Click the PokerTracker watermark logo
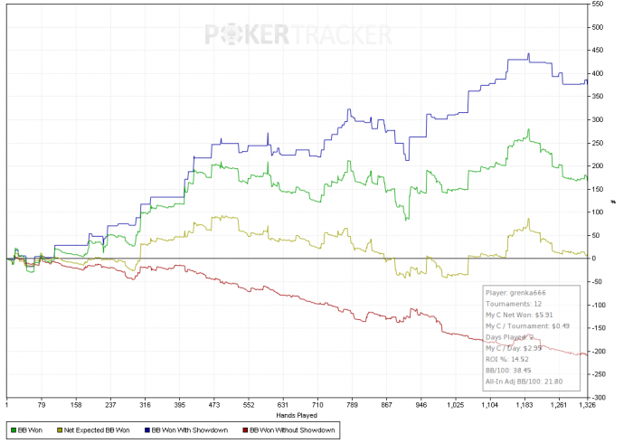(299, 35)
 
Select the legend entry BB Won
(31, 429)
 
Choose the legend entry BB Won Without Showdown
(291, 429)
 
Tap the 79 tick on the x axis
(41, 405)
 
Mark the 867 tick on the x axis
(388, 405)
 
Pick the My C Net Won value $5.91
(541, 314)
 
